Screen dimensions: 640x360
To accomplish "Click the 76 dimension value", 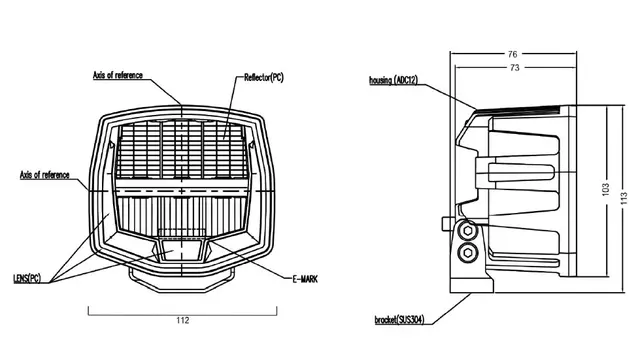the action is coord(512,54).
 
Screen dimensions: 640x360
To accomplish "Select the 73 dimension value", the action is coord(515,67).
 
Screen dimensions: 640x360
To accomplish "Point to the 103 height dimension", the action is coord(605,189).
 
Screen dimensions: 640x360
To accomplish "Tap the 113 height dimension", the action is coord(624,198).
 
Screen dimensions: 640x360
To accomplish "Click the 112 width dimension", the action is coord(183,320).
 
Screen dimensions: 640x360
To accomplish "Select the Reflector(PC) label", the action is coord(264,77).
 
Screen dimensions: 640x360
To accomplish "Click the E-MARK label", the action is coord(305,280).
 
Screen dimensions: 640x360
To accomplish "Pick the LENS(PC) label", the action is coord(27,278).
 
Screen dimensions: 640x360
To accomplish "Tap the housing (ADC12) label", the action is coord(393,80).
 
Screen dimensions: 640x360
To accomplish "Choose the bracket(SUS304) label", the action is coord(400,319).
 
